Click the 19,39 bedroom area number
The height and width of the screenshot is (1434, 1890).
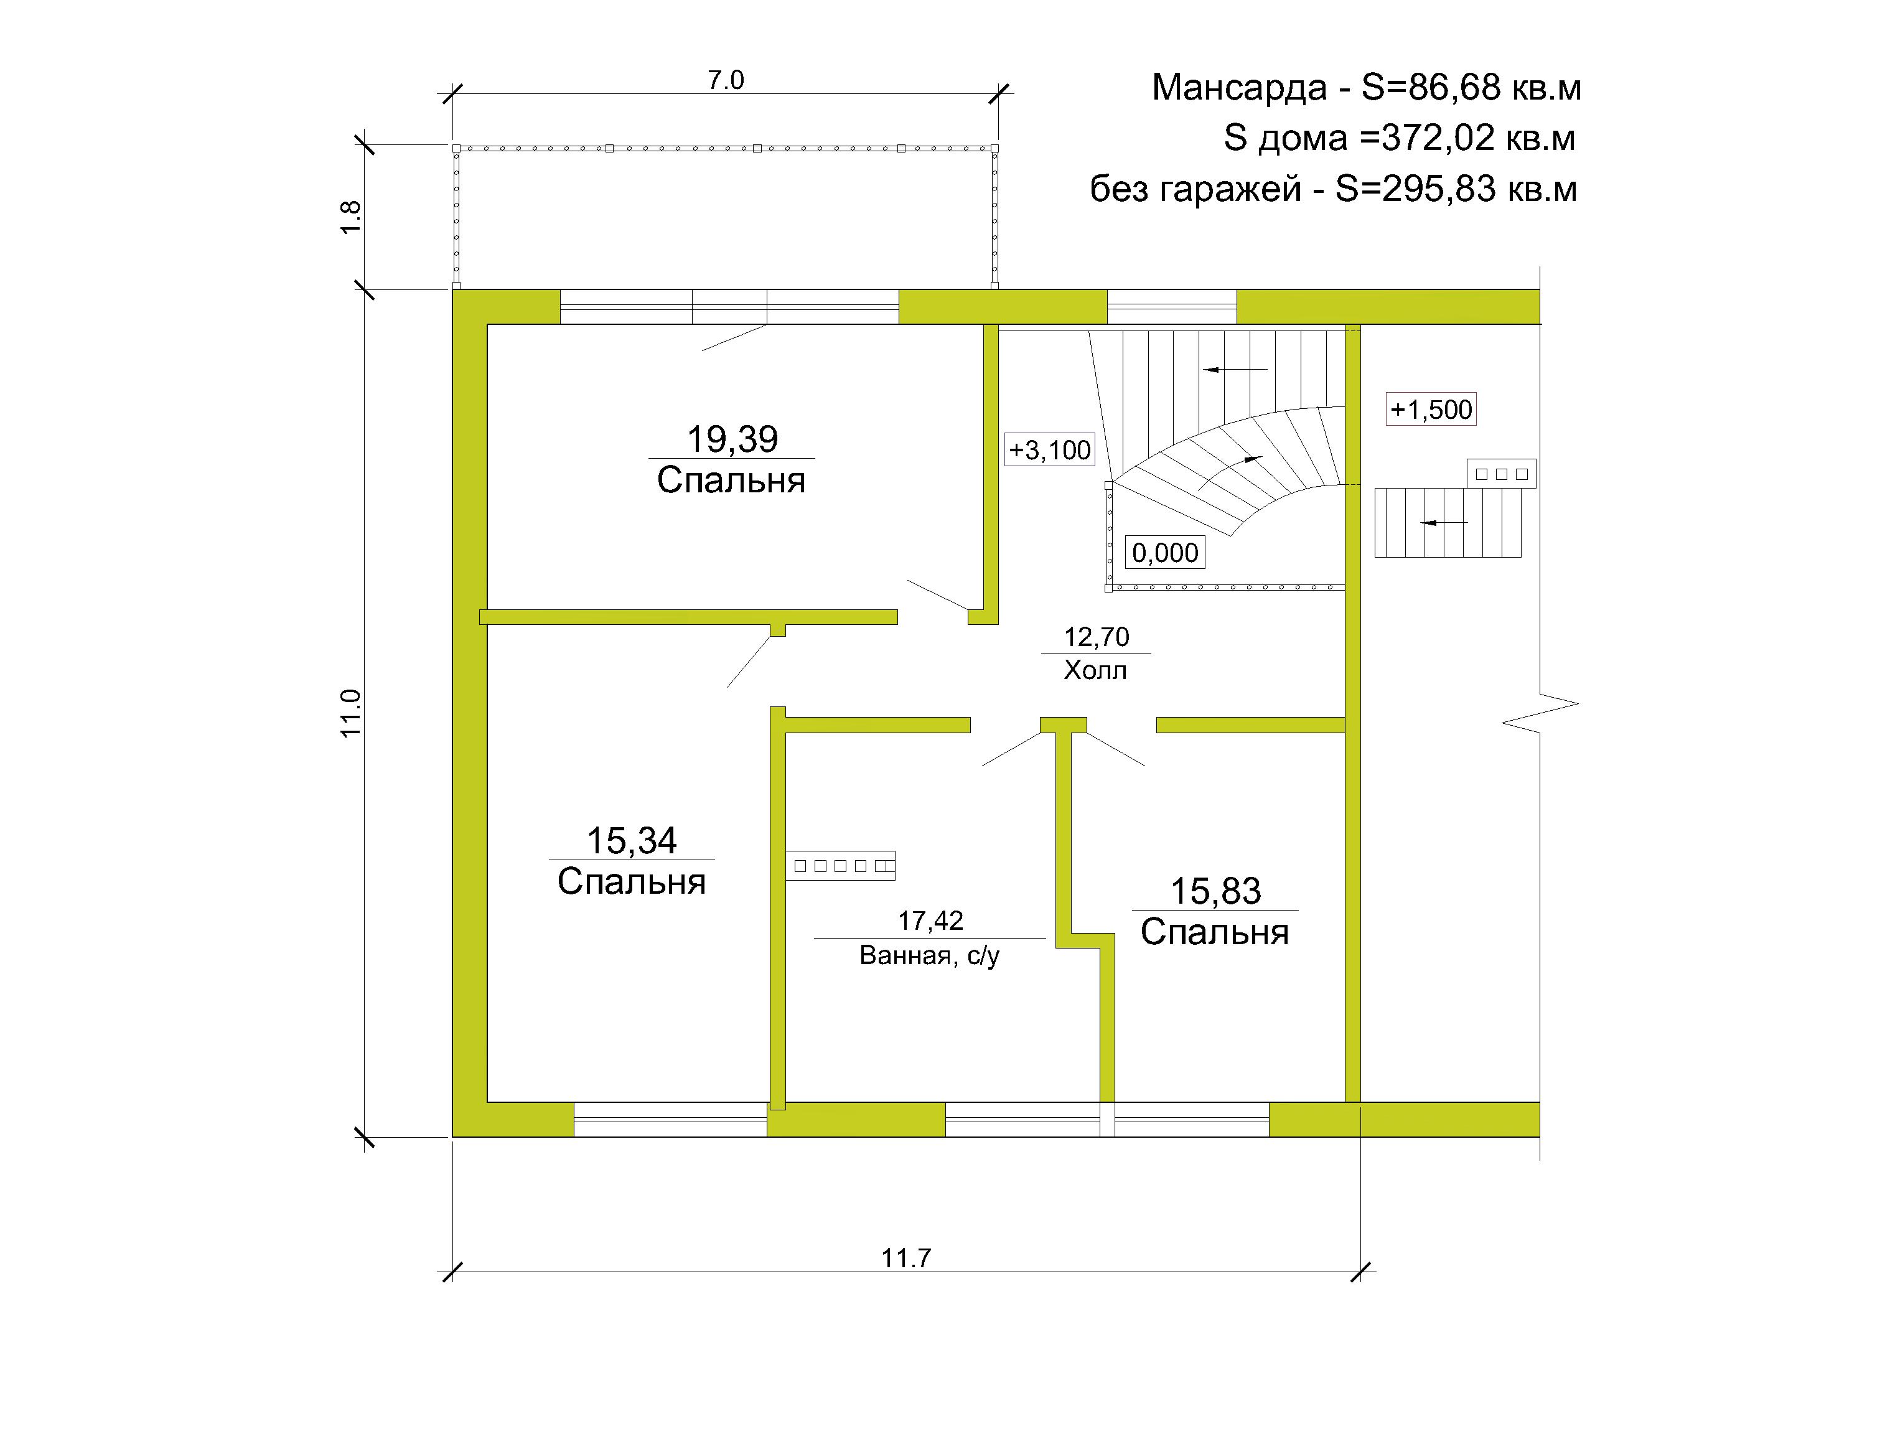(732, 439)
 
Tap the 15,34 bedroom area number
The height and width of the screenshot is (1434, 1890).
(632, 841)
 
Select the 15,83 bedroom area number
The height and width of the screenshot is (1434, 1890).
(1215, 891)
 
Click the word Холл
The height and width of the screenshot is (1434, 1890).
(1095, 670)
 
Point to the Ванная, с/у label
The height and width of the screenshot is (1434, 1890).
(930, 955)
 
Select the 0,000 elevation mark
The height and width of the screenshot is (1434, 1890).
(1166, 553)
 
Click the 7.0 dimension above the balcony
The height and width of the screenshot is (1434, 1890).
(726, 80)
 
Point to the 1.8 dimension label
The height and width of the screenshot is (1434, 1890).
(351, 217)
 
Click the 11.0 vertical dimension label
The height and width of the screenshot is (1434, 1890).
(351, 714)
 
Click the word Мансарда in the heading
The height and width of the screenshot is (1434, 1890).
(1240, 88)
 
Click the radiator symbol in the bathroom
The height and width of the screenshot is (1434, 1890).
(841, 866)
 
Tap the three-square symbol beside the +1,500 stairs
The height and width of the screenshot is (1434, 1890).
(1501, 474)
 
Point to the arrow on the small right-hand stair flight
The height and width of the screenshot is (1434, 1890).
(1445, 522)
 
